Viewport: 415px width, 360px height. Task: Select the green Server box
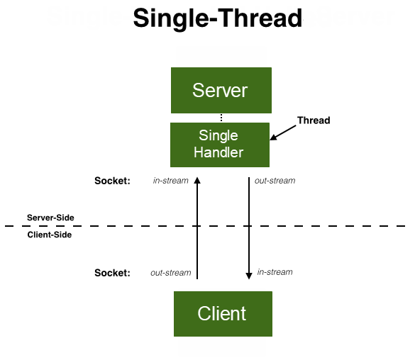pyautogui.click(x=221, y=90)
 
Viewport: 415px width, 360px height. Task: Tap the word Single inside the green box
pyautogui.click(x=218, y=135)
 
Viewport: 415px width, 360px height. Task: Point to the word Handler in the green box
pyautogui.click(x=220, y=152)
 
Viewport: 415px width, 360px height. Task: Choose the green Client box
pyautogui.click(x=222, y=313)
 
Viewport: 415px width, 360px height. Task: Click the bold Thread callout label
pyautogui.click(x=314, y=120)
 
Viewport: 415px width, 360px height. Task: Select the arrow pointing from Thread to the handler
pyautogui.click(x=284, y=132)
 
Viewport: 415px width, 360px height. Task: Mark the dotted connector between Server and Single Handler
pyautogui.click(x=221, y=118)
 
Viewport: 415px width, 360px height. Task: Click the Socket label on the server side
pyautogui.click(x=112, y=181)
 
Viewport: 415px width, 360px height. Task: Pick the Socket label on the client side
pyautogui.click(x=112, y=273)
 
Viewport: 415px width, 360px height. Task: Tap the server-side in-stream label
pyautogui.click(x=171, y=181)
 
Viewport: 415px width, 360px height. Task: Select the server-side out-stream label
pyautogui.click(x=275, y=181)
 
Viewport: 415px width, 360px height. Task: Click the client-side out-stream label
pyautogui.click(x=171, y=273)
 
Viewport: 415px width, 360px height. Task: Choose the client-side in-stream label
pyautogui.click(x=275, y=272)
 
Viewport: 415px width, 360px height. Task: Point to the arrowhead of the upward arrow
pyautogui.click(x=197, y=180)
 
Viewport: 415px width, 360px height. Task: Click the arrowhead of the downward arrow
pyautogui.click(x=249, y=276)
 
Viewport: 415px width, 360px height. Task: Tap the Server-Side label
pyautogui.click(x=50, y=218)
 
